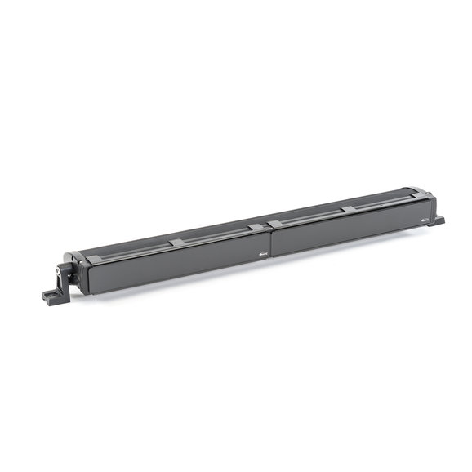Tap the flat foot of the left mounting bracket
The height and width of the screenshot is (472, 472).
tap(51, 293)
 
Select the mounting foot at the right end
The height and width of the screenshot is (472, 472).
tap(438, 220)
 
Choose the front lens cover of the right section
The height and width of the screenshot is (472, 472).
tap(347, 229)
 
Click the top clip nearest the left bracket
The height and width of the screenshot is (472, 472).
tap(92, 258)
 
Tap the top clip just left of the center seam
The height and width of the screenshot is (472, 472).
tap(256, 227)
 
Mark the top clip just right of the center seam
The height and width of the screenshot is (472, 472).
tap(276, 223)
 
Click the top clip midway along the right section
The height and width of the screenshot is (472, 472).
tap(349, 209)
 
